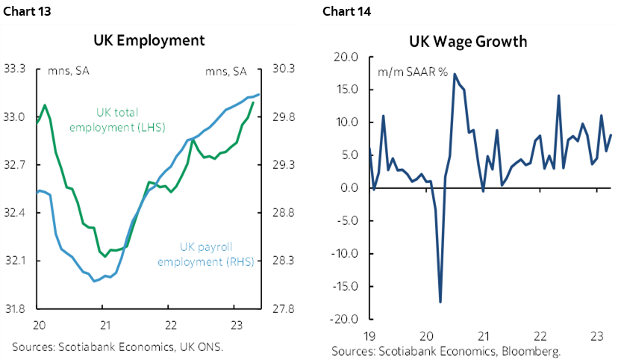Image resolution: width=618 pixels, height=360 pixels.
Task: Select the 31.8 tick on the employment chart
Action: point(16,308)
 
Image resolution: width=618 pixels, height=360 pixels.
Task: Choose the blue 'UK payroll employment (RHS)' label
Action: point(216,254)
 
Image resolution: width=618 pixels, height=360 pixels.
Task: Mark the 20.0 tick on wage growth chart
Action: point(347,57)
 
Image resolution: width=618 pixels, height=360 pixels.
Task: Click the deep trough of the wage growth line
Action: point(440,302)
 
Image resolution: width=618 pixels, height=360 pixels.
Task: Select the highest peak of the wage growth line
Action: point(455,74)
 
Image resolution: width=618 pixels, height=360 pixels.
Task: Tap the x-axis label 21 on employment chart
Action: point(104,326)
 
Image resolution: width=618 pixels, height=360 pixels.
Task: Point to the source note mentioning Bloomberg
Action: point(446,351)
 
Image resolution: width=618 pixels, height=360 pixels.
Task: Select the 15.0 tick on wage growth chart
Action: point(347,90)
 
